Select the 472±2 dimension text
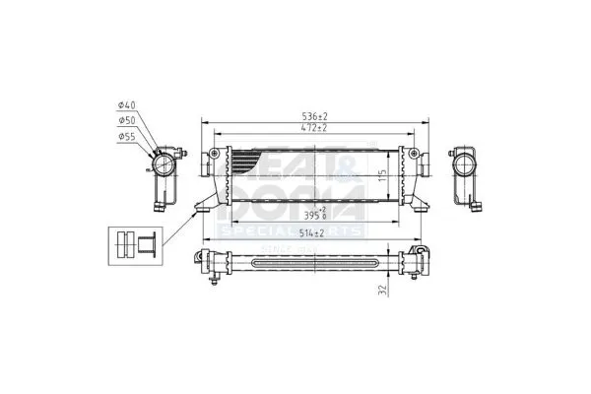(x=315, y=128)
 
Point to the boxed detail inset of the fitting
(x=136, y=244)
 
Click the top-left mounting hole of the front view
(x=216, y=154)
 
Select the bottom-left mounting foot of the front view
(x=202, y=206)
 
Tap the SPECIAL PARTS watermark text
(x=293, y=230)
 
